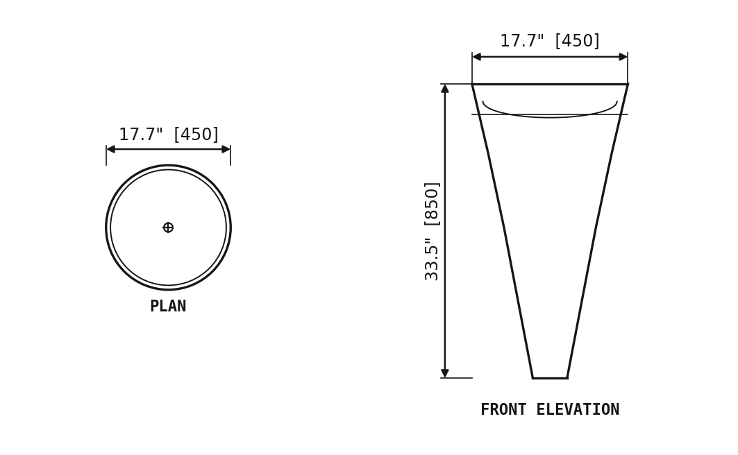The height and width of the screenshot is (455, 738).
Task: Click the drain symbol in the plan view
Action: click(x=168, y=227)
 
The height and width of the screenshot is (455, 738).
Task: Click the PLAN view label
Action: click(x=168, y=307)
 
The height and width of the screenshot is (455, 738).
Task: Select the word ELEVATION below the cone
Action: click(x=578, y=409)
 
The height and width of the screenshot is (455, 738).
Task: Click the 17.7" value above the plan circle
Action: click(x=141, y=135)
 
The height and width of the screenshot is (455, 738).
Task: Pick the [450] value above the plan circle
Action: click(x=196, y=135)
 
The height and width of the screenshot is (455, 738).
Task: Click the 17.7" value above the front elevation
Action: click(x=522, y=41)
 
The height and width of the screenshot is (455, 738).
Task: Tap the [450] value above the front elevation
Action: click(x=578, y=41)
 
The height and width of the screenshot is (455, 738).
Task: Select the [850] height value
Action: click(x=432, y=204)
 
